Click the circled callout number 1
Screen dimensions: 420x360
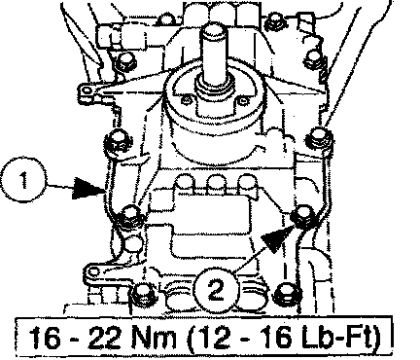point(24,180)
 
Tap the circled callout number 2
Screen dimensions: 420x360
point(216,290)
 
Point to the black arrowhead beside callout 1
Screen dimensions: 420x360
point(88,188)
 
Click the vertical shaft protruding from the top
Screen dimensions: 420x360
point(215,55)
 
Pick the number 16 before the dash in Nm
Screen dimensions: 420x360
point(44,339)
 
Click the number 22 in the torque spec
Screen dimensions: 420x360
point(105,339)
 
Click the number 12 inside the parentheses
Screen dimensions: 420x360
point(212,339)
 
